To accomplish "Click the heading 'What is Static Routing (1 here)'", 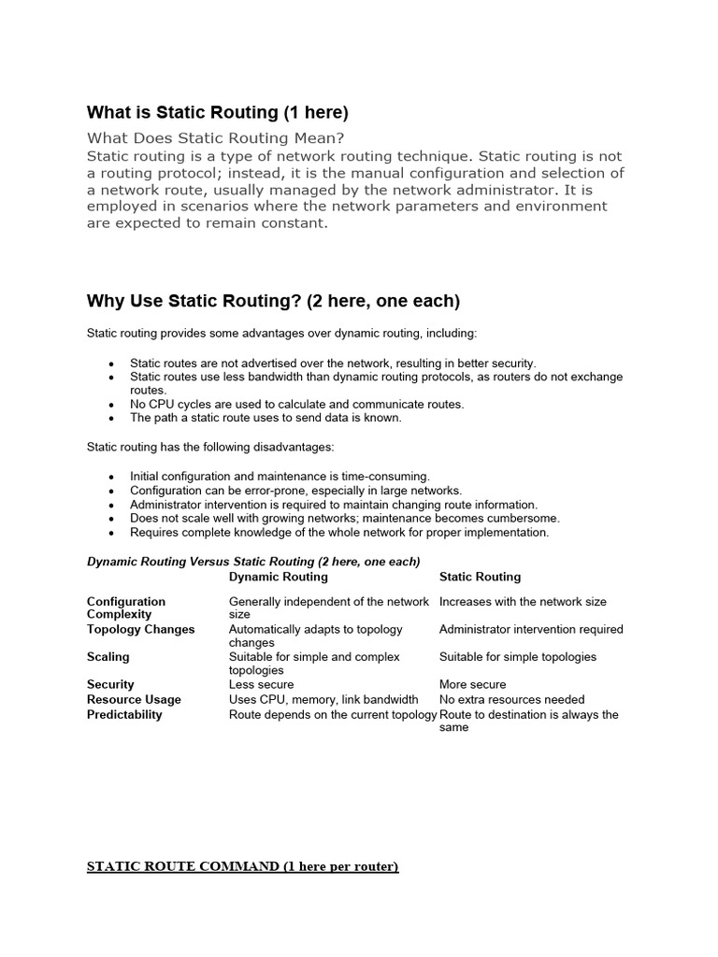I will (x=217, y=113).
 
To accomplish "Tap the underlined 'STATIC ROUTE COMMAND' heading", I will (x=242, y=866).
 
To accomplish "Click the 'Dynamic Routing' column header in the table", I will (x=279, y=577).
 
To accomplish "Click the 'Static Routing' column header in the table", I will (x=480, y=577).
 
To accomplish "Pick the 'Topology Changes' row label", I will (x=140, y=629).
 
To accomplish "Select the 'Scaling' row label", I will (x=108, y=657).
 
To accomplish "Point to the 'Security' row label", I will (x=110, y=684).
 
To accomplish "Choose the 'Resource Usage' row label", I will (x=134, y=699).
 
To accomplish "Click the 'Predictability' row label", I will (x=124, y=714).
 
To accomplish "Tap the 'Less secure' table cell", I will (x=261, y=684).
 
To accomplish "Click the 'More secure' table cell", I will (x=472, y=684).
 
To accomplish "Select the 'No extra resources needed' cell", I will (x=511, y=699).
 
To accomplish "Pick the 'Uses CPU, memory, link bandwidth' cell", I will (x=323, y=699).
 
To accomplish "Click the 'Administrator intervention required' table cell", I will (x=531, y=629).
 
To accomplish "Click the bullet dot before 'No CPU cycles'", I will (x=112, y=405).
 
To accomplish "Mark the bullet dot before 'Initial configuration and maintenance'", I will (x=112, y=477).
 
